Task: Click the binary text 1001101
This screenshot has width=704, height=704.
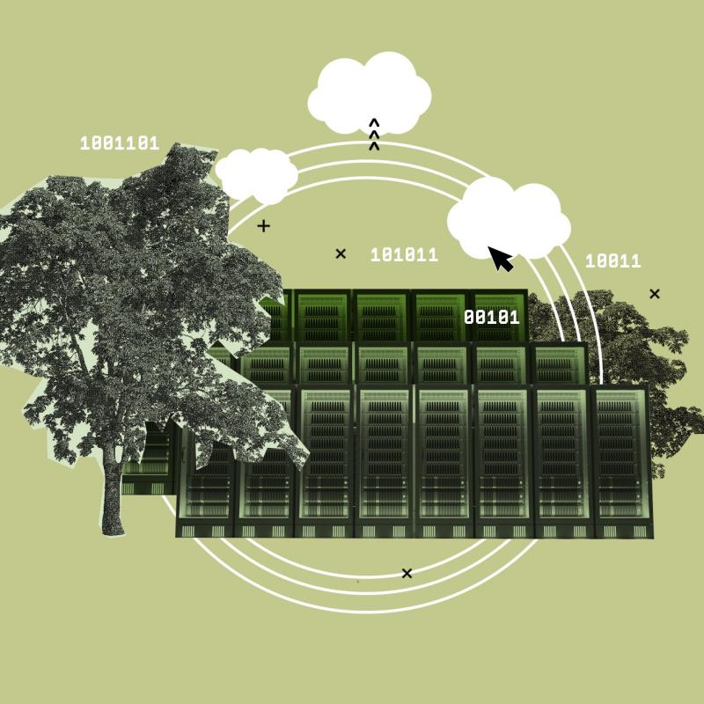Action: point(120,143)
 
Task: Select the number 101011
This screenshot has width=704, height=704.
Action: point(404,255)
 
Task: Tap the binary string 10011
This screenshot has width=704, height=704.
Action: point(612,260)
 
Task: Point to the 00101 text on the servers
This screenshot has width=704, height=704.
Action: point(492,318)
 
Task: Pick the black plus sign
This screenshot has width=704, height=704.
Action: point(263,226)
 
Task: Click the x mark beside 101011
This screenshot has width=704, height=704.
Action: point(341,253)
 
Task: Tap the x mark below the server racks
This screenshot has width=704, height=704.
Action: point(407,574)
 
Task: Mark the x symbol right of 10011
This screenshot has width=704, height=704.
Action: point(655,294)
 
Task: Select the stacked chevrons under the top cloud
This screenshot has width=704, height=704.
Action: point(374,135)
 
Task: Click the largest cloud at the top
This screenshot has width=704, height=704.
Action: point(370,93)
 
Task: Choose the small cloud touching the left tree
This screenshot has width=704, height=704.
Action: point(256,175)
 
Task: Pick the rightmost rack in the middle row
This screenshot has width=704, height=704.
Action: point(559,363)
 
